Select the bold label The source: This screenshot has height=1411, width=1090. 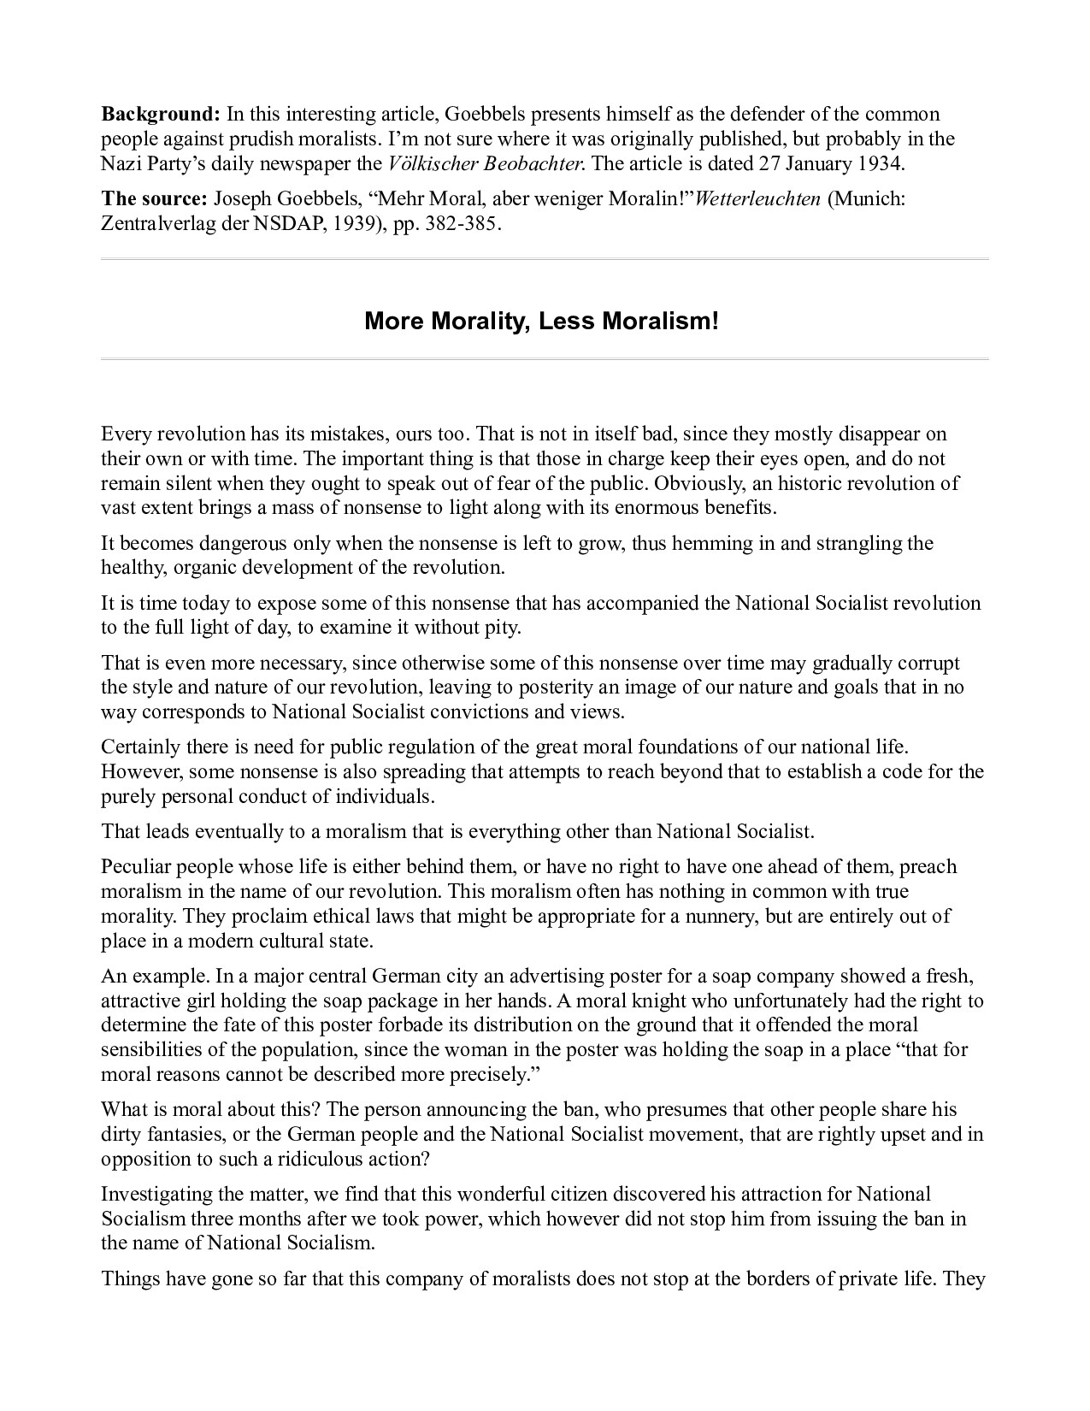pos(154,199)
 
